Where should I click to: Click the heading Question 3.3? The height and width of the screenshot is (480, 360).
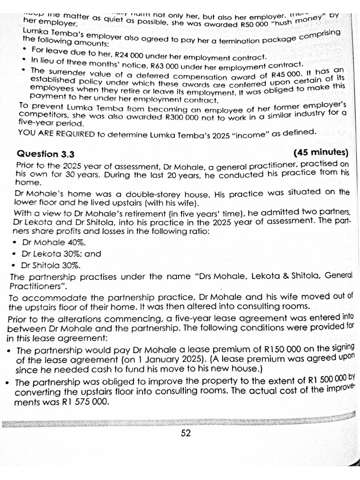45,155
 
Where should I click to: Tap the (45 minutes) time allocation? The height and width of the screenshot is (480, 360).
321,153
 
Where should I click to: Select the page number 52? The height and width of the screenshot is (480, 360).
186,433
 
